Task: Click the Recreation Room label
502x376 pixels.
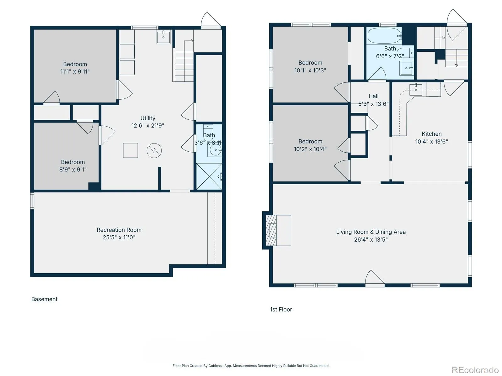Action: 119,230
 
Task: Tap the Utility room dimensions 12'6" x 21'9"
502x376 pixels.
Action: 148,126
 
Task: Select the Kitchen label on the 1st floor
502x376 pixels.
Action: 431,134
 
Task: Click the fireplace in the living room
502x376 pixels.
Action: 271,230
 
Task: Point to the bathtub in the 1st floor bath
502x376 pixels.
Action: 384,36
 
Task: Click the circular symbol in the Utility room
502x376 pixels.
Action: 154,150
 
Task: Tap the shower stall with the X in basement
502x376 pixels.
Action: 209,176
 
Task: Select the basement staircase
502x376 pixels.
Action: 184,66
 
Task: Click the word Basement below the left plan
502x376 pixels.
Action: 44,299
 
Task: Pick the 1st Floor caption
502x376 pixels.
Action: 281,309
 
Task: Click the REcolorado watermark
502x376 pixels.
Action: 475,370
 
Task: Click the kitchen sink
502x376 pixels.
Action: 415,90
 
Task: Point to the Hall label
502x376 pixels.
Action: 373,96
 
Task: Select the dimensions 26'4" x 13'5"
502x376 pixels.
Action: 371,239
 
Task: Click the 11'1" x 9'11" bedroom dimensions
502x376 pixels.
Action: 75,71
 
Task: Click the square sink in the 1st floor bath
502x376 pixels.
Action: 406,68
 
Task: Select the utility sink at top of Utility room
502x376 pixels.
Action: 163,37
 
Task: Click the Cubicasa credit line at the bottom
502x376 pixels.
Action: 251,366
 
